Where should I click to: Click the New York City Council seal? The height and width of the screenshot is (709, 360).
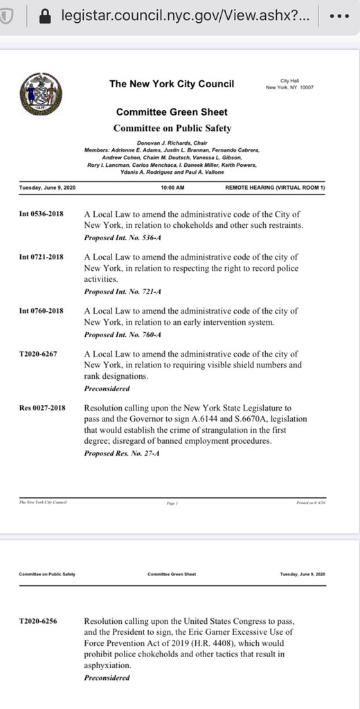(41, 94)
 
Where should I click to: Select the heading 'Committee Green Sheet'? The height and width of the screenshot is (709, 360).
(172, 112)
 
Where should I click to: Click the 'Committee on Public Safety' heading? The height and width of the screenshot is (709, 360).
(172, 128)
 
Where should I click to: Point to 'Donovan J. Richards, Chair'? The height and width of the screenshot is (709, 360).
(172, 142)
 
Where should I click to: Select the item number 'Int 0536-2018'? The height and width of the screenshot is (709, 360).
(42, 214)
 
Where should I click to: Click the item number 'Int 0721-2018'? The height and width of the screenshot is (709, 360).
(42, 258)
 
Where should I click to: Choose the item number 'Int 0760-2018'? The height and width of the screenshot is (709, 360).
(42, 311)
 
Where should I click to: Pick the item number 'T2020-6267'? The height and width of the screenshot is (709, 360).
(39, 354)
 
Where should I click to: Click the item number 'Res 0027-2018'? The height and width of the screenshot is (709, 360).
(42, 408)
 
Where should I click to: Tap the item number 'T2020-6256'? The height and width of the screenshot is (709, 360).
(39, 621)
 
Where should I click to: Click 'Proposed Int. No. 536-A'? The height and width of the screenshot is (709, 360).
(123, 237)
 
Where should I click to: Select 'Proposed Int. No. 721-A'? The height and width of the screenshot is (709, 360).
(123, 291)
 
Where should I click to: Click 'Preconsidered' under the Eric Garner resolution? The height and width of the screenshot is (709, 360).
(107, 677)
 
